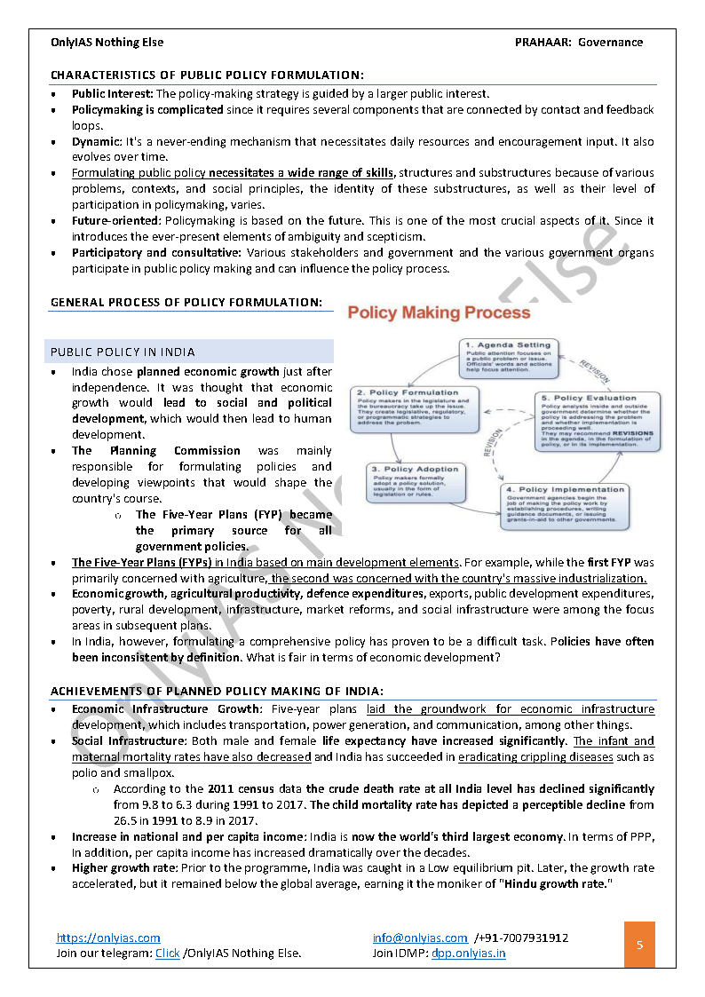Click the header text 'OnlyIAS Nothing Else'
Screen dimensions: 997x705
(x=107, y=42)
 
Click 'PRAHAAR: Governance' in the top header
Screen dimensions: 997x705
(x=578, y=42)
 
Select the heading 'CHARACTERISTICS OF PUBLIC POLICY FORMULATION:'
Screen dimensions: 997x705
(x=207, y=75)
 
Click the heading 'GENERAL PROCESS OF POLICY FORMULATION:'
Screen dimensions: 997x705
(x=186, y=302)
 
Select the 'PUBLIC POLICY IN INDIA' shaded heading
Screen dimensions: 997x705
(x=123, y=352)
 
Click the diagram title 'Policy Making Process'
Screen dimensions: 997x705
(x=439, y=313)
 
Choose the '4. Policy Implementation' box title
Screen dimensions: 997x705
(x=566, y=489)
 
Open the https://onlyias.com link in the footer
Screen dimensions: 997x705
(x=108, y=938)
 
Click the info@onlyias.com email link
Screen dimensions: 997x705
(x=420, y=938)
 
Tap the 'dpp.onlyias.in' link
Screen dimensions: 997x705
(x=468, y=953)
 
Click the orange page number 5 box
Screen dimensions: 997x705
(x=640, y=945)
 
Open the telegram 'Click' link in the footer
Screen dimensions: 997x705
(x=167, y=953)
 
